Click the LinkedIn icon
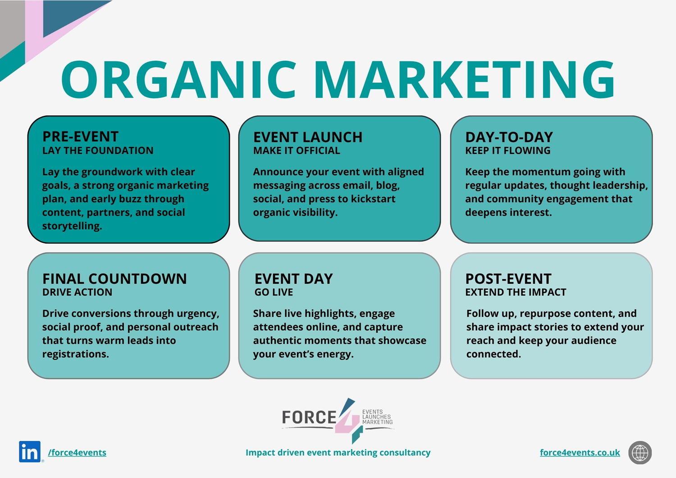click(x=30, y=452)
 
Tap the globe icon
click(x=640, y=452)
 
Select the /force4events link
click(x=77, y=452)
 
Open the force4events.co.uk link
click(x=580, y=452)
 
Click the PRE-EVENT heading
click(x=80, y=137)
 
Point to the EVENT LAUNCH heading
click(x=308, y=137)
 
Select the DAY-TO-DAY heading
click(x=509, y=137)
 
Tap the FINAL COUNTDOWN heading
click(x=114, y=279)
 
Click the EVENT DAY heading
click(x=293, y=279)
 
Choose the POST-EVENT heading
click(x=508, y=279)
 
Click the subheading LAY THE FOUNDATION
click(x=98, y=150)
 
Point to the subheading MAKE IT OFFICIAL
click(x=297, y=150)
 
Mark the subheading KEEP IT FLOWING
click(x=508, y=150)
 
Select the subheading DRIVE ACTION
click(x=77, y=292)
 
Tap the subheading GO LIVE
click(x=274, y=292)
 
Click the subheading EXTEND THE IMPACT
click(x=516, y=292)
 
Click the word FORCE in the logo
click(x=309, y=417)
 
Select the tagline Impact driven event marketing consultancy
click(x=338, y=452)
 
